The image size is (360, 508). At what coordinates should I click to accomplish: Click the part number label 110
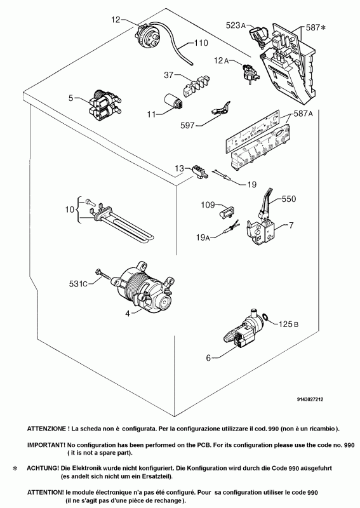coord(201,43)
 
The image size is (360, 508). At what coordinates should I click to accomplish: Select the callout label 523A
coord(236,25)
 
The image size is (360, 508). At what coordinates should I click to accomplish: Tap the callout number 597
coord(187,125)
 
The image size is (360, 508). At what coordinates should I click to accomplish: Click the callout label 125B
coord(289,324)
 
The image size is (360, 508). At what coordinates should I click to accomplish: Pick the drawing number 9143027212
coord(310,399)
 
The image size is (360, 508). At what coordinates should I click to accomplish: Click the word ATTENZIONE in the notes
coord(46,429)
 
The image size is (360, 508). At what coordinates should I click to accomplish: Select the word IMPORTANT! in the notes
coord(46,445)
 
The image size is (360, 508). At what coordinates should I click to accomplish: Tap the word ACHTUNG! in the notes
coord(43,468)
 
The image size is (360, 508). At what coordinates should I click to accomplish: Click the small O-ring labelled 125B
coord(265,317)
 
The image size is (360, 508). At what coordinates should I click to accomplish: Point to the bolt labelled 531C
coord(103,274)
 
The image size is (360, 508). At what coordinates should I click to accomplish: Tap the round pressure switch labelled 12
coord(148,35)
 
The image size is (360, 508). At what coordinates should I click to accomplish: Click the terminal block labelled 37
coord(196,85)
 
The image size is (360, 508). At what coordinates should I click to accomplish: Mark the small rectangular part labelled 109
coord(227,214)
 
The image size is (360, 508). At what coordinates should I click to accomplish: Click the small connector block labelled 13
coord(200,171)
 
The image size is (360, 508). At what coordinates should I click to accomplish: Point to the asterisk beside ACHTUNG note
coord(15,469)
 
